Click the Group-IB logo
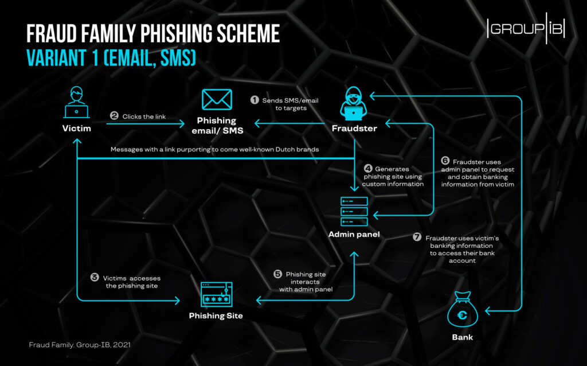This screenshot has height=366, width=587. click(x=526, y=28)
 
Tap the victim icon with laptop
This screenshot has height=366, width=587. click(x=76, y=102)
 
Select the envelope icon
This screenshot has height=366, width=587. click(x=217, y=100)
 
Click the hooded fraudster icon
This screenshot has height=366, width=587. click(x=353, y=103)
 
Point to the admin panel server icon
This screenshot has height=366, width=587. click(x=354, y=212)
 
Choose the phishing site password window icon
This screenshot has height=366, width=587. click(x=216, y=294)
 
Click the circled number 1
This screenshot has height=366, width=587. click(x=255, y=100)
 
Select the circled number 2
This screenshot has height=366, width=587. click(x=114, y=116)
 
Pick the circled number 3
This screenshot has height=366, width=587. click(x=95, y=278)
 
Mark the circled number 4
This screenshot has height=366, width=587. click(x=368, y=169)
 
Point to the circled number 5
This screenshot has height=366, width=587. click(x=277, y=274)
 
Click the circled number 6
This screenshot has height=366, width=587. click(x=445, y=161)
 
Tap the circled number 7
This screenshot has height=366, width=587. click(x=417, y=237)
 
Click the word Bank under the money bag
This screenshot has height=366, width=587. click(x=463, y=337)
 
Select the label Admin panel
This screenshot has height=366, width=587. click(x=354, y=235)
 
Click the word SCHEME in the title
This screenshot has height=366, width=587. click(x=248, y=34)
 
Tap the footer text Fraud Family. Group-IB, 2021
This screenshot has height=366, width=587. click(x=80, y=345)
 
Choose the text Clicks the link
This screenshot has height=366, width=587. click(x=144, y=116)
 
